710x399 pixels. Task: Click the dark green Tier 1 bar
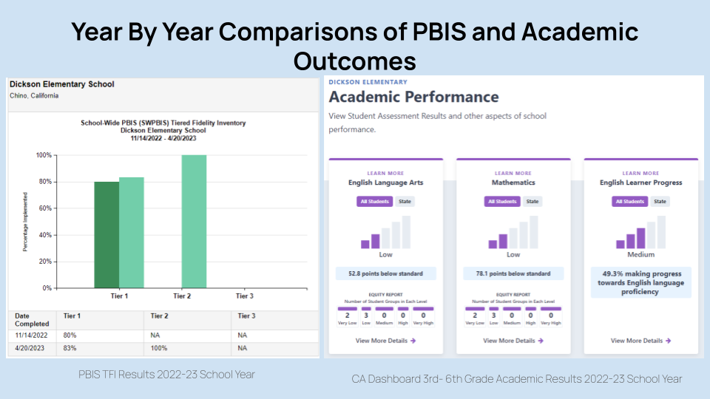[x=106, y=234]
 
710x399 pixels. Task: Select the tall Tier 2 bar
[x=194, y=221]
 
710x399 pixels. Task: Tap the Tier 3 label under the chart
[x=244, y=296]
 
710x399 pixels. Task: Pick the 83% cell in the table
[x=72, y=348]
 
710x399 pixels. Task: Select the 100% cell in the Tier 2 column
[x=160, y=348]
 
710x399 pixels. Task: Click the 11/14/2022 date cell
[x=30, y=335]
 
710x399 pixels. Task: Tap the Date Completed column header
[x=32, y=319]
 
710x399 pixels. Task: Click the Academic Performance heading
[x=413, y=97]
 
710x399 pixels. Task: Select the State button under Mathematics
[x=532, y=202]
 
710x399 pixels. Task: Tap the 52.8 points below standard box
[x=385, y=274]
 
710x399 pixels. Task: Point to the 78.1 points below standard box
[x=513, y=274]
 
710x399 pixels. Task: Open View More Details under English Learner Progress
[x=640, y=341]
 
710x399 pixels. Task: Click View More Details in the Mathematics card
[x=513, y=341]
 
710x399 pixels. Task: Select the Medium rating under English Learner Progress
[x=640, y=255]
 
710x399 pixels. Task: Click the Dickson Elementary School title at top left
[x=61, y=84]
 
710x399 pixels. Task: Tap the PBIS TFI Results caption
[x=166, y=375]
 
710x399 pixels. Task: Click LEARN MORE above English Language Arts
[x=385, y=174]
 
